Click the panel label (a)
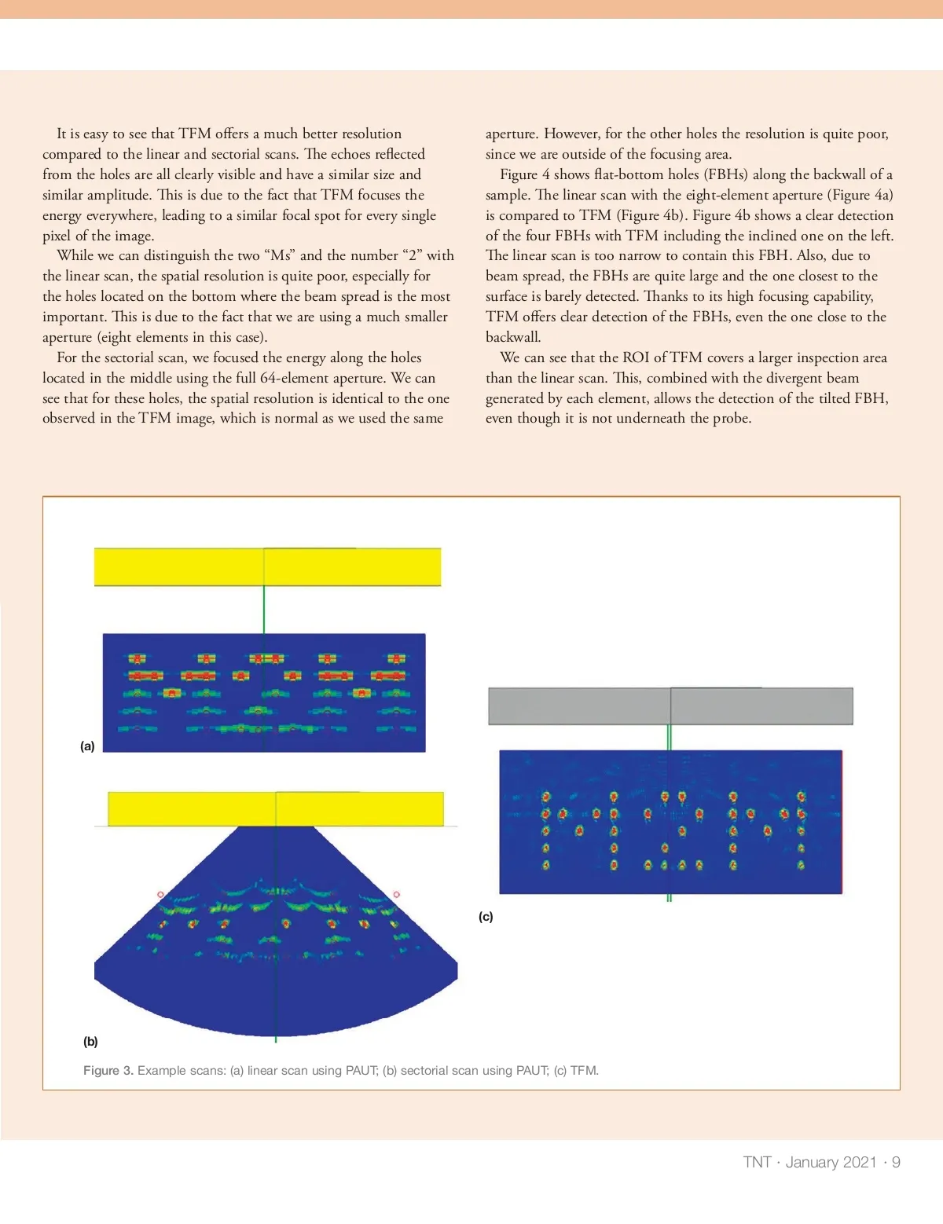[x=87, y=746]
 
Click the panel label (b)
[x=90, y=1042]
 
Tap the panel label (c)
[x=486, y=917]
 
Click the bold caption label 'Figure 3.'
[x=108, y=1071]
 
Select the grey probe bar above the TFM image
[x=670, y=706]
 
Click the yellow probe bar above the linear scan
[x=267, y=566]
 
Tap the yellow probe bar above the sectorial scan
[x=275, y=809]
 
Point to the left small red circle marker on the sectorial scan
[x=161, y=895]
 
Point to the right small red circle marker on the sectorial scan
[x=396, y=895]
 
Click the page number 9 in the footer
[x=896, y=1163]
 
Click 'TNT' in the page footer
[x=757, y=1163]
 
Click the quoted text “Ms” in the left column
[x=280, y=255]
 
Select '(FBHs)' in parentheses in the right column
[x=723, y=174]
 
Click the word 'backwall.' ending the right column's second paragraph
[x=513, y=337]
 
